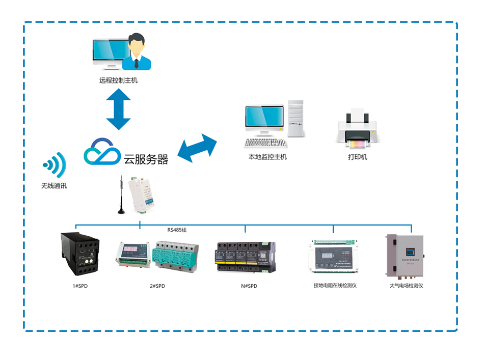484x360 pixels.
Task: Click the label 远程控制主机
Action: [118, 80]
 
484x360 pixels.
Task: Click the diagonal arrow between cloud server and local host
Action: [197, 148]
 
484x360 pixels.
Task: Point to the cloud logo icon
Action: [102, 151]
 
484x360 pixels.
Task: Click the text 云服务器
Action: [146, 159]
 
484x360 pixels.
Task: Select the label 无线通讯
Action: [54, 186]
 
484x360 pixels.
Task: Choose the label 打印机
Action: [357, 157]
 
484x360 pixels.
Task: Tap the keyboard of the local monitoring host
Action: [265, 143]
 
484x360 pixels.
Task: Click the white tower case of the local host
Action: [295, 119]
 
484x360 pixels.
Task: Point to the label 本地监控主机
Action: [267, 157]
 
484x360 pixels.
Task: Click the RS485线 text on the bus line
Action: [177, 230]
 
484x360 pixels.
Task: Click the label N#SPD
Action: [249, 286]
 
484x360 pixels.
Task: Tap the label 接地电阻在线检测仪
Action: [335, 286]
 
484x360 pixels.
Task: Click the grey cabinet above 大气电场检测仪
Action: [405, 255]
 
